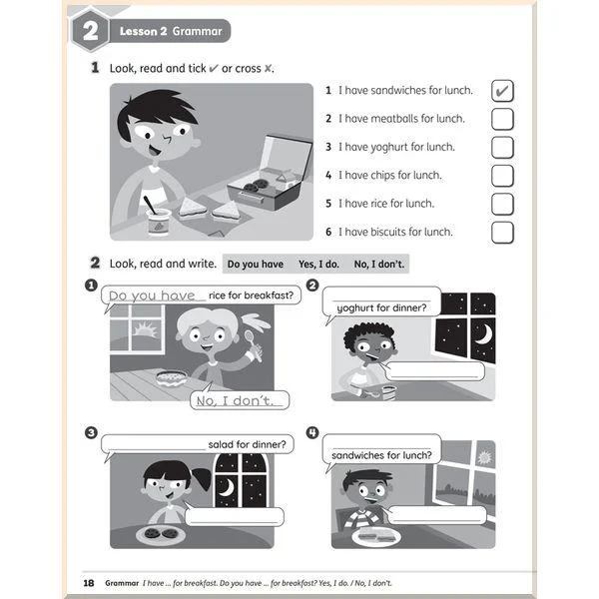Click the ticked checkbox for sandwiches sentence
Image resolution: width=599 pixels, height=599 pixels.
[502, 91]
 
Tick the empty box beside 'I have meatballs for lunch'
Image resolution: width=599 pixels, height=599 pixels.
[502, 119]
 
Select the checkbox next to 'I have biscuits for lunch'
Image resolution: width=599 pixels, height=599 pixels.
[502, 233]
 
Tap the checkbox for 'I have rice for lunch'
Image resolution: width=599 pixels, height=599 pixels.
[502, 204]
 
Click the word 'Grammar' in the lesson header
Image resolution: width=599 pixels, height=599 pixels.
[197, 31]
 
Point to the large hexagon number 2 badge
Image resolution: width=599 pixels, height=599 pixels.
[90, 31]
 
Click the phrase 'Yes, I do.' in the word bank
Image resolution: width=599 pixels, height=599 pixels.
[318, 264]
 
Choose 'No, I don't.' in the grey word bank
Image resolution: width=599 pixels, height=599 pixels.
[379, 264]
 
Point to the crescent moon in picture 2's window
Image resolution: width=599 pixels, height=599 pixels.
[483, 333]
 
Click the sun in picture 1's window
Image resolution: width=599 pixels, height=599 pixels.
[145, 328]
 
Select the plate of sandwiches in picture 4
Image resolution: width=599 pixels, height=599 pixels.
[376, 537]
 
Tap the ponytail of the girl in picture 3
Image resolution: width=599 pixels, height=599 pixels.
[203, 478]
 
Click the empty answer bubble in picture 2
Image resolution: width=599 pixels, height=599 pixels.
[434, 370]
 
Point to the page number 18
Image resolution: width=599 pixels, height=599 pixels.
[89, 583]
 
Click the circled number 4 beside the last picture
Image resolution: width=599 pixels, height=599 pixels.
[312, 432]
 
